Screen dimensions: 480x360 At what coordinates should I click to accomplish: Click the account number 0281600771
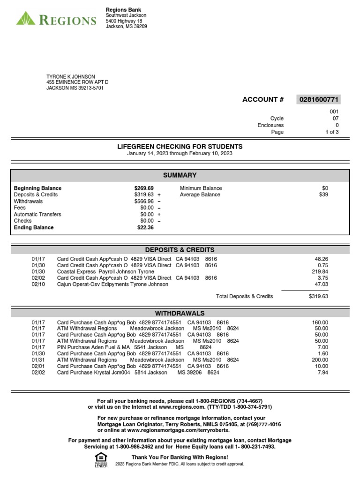coord(319,99)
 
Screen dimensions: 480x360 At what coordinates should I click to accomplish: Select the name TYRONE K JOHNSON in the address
coord(70,77)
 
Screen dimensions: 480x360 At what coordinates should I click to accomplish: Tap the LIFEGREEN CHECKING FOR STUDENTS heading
coord(180,147)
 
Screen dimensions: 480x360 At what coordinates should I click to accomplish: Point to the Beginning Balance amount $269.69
coord(144,188)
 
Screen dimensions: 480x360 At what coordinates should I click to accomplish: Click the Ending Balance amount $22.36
coord(145,228)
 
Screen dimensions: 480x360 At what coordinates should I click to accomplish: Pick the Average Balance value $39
coord(323,195)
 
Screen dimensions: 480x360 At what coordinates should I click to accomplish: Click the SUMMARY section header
coord(180,175)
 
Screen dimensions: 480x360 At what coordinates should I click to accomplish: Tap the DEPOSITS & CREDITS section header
coord(180,250)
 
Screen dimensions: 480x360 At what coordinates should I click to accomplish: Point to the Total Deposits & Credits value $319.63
coord(318,296)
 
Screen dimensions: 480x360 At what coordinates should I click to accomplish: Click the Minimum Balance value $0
coord(325,188)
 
